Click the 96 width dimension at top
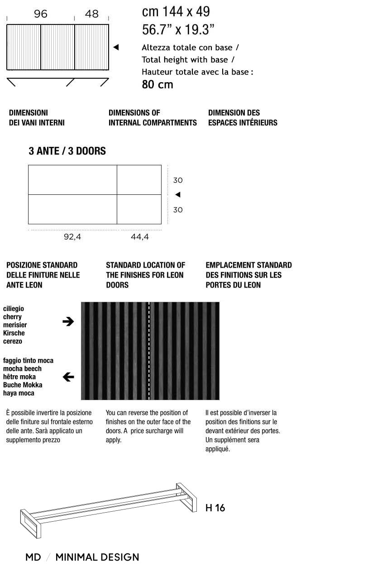click(x=40, y=14)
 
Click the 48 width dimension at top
click(x=91, y=14)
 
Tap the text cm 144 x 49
click(x=176, y=11)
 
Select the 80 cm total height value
click(x=157, y=85)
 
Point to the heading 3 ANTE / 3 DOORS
click(x=67, y=151)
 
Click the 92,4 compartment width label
click(x=72, y=236)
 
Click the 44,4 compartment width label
click(x=140, y=236)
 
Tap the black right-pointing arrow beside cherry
click(x=68, y=321)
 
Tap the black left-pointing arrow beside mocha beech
click(x=68, y=377)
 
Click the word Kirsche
click(x=14, y=333)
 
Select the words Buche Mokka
click(x=23, y=385)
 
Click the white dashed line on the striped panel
click(x=149, y=351)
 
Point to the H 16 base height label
click(x=215, y=508)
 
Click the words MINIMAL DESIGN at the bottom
click(x=97, y=557)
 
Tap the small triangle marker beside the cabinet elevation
click(x=116, y=47)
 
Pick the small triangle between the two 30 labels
click(x=178, y=195)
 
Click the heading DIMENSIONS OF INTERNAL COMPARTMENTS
click(x=153, y=118)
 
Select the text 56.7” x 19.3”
click(x=178, y=30)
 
